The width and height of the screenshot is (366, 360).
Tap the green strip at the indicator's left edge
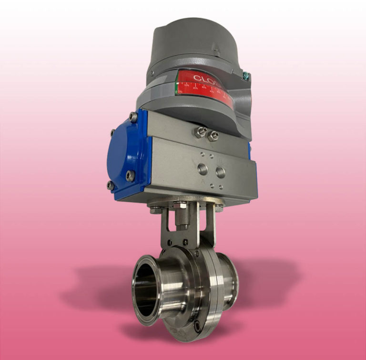coord(177,86)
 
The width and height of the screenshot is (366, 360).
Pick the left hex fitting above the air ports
coord(199,132)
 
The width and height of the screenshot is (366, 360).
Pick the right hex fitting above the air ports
coord(213,136)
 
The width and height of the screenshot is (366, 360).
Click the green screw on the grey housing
coord(246,74)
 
